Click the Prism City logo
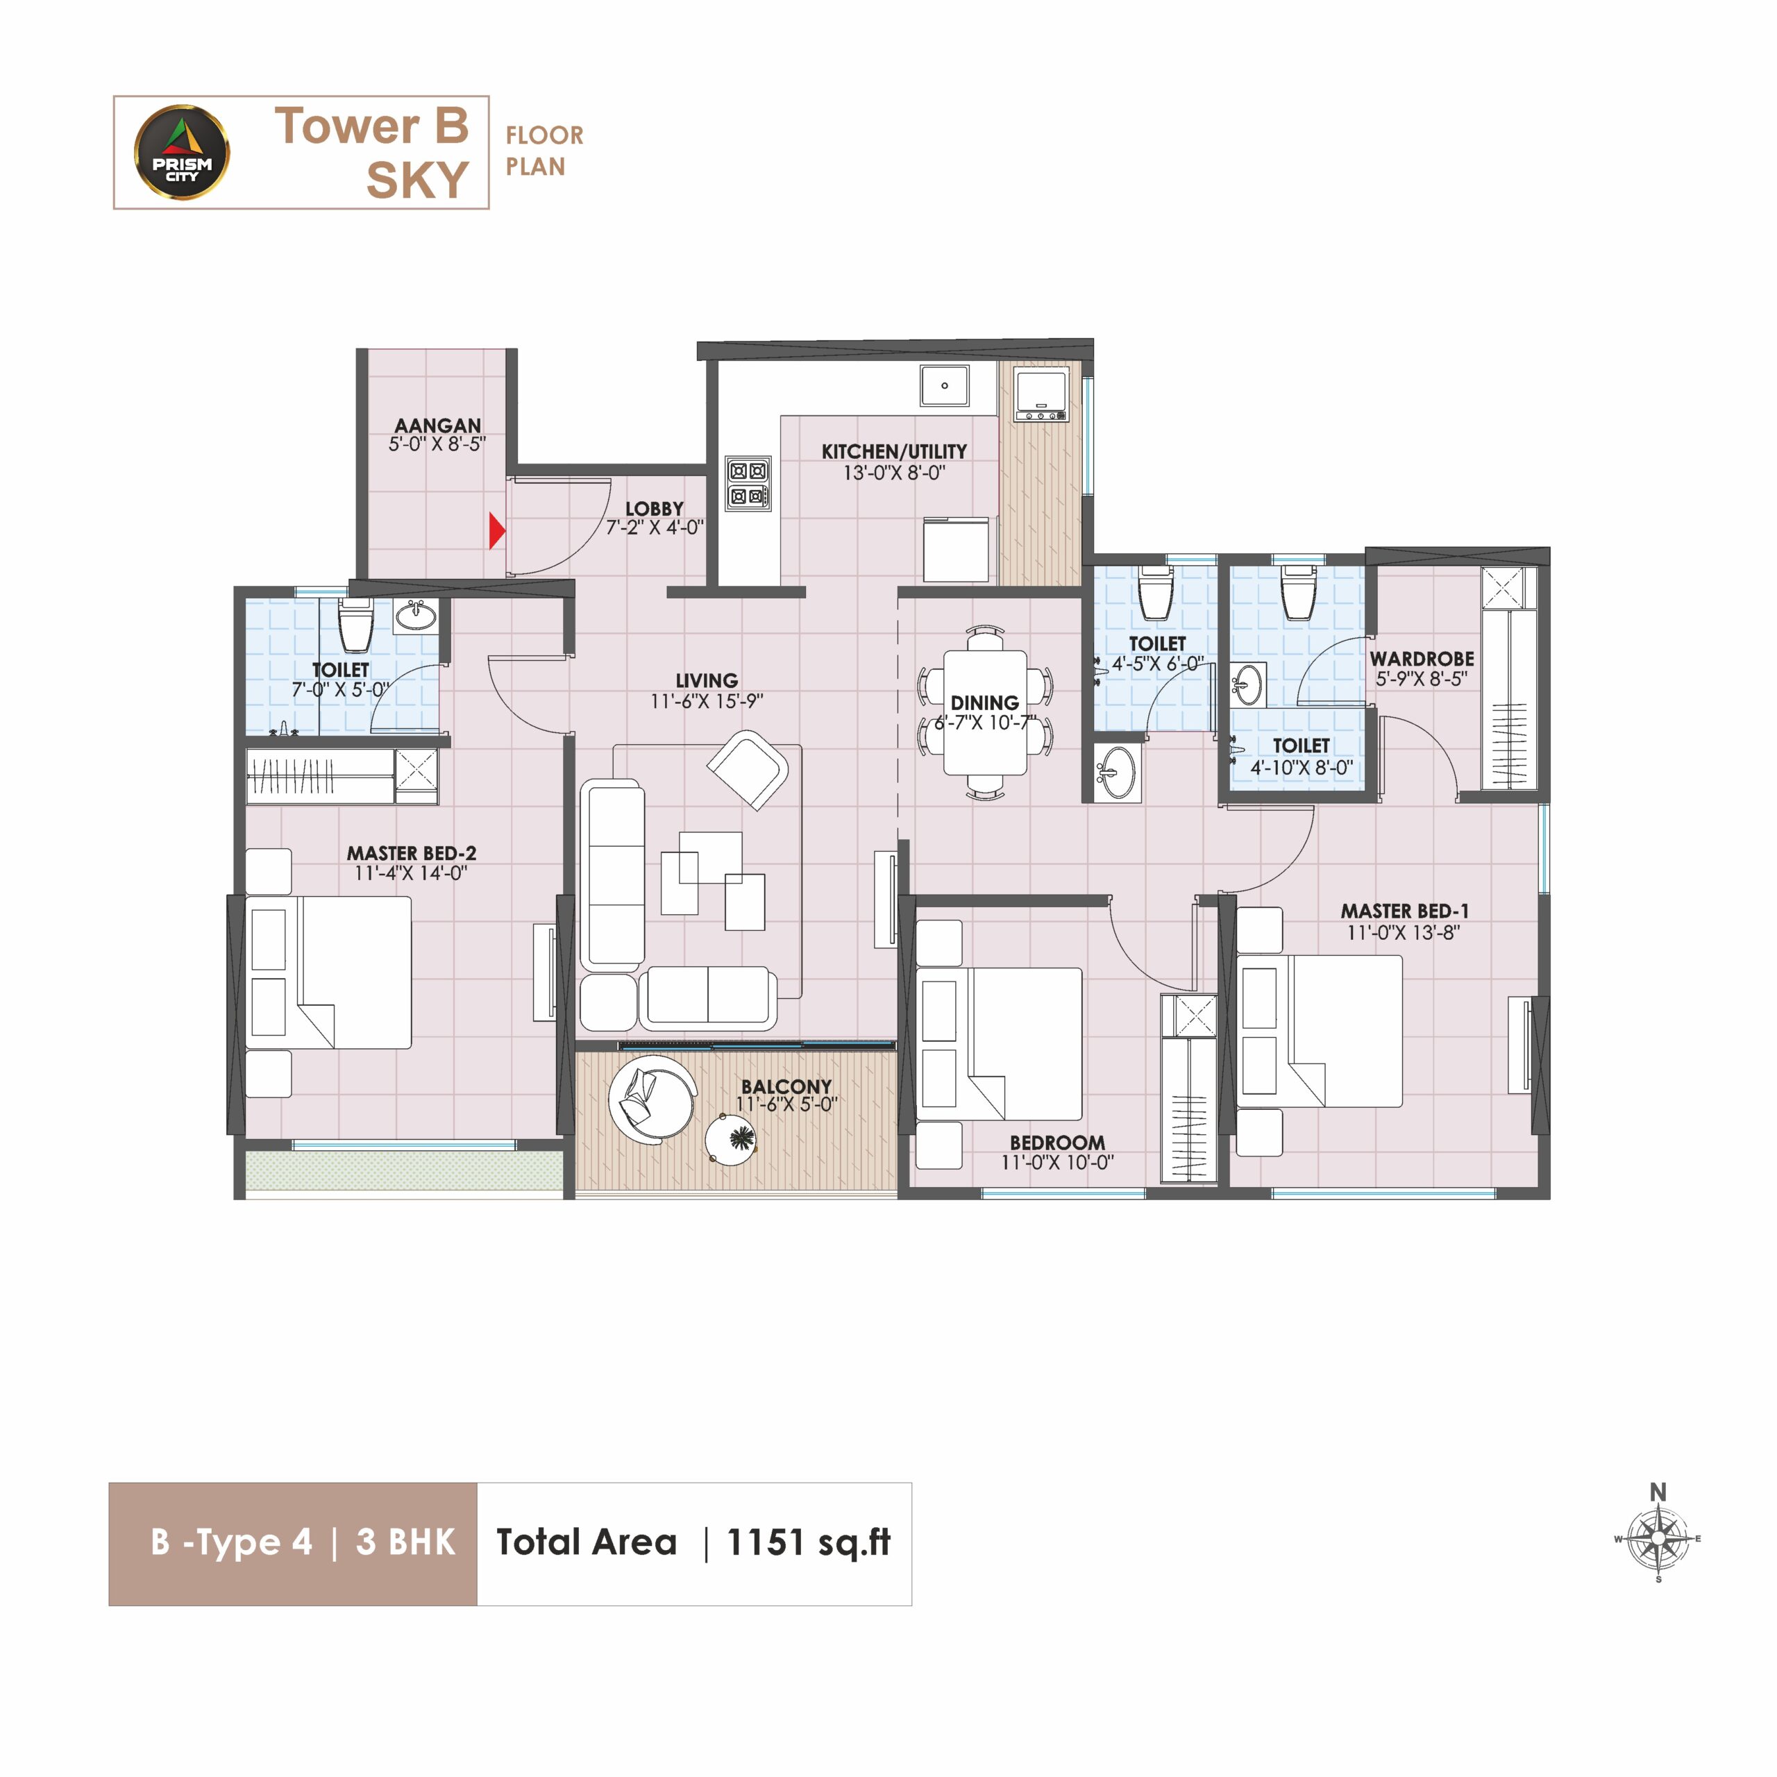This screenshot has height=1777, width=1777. coord(182,152)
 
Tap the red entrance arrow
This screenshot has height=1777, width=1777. coord(497,531)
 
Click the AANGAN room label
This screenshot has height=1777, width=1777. coord(438,426)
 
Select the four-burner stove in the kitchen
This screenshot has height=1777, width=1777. coord(748,484)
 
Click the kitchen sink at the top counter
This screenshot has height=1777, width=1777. coord(945,385)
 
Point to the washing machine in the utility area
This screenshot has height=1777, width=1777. coord(1042,394)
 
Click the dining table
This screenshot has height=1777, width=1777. coord(985,713)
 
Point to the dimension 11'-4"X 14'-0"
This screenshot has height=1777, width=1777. coord(411,873)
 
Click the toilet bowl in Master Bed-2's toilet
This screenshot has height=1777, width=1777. coord(355,625)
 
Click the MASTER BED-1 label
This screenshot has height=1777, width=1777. coord(1404,911)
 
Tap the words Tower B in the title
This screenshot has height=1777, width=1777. coord(371,126)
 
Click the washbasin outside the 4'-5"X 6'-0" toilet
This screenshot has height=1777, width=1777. coord(1117,770)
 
